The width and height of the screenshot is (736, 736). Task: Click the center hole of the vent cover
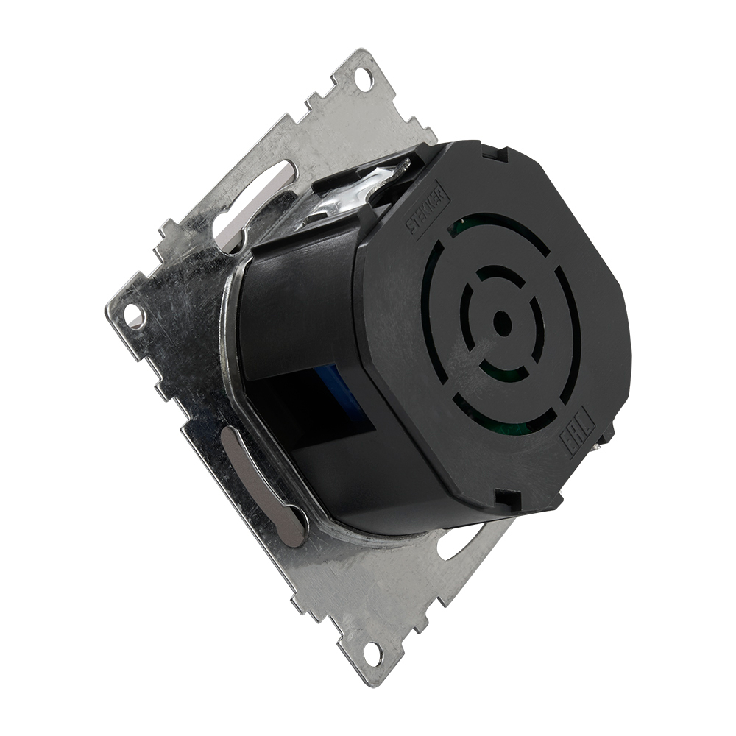[502, 322]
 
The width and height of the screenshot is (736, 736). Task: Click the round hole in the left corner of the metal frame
[134, 315]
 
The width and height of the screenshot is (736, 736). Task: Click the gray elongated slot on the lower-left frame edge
[263, 486]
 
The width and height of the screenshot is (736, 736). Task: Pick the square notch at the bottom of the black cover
[507, 500]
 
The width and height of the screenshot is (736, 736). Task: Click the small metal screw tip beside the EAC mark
[608, 438]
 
